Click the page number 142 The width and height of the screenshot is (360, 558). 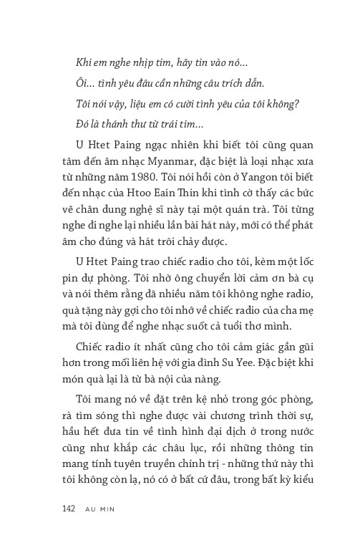[69, 509]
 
